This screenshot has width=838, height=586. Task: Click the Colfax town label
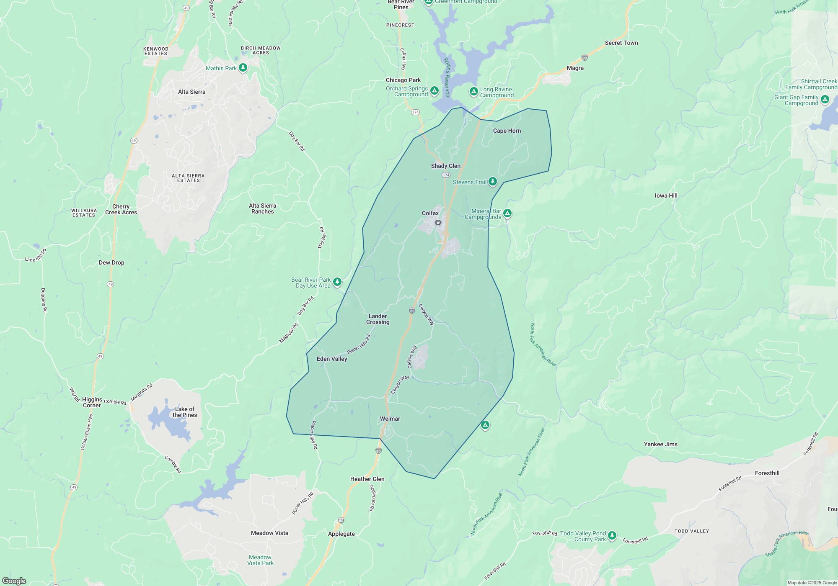pos(430,213)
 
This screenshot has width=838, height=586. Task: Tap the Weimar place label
pos(390,419)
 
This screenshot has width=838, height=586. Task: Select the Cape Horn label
pos(507,131)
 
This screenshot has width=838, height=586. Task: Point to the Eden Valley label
pos(332,359)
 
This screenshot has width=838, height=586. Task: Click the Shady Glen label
pos(445,166)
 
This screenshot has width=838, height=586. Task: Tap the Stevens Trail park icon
pos(493,181)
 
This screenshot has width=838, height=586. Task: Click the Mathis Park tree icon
pos(243,68)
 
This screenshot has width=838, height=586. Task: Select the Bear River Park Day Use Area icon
pos(337,282)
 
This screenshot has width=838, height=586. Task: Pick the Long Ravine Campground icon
pos(473,91)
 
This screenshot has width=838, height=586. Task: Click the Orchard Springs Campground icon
pos(435,90)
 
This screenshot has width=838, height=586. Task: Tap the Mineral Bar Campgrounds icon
pos(507,213)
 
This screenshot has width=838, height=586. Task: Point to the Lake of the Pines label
pos(184,412)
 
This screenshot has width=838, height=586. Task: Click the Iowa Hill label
pos(666,195)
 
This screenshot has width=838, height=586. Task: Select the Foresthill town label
pos(767,473)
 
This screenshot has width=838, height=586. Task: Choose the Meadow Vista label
pos(269,533)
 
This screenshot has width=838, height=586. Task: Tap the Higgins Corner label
pos(92,402)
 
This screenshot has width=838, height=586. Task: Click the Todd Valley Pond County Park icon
pos(612,535)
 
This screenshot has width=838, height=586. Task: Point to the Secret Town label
pos(621,43)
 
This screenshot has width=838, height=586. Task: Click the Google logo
pos(14,581)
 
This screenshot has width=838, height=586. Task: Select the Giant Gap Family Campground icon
pos(825,99)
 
